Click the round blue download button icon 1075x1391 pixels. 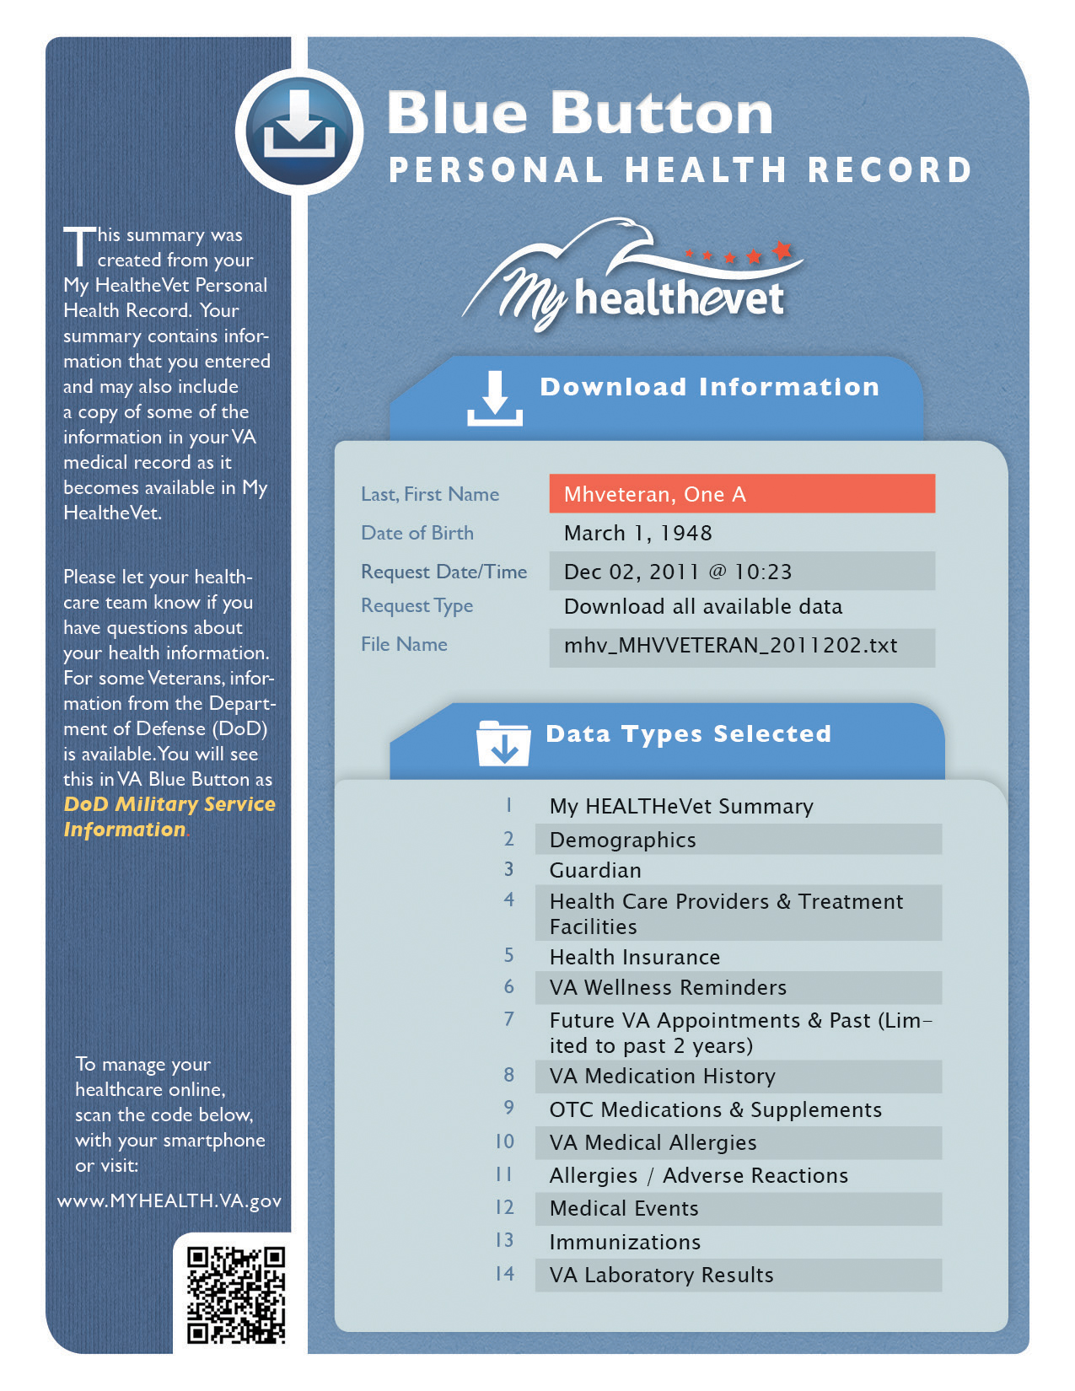[299, 132]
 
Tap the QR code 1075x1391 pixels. [236, 1294]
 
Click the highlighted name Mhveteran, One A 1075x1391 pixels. [655, 494]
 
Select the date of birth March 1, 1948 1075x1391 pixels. [637, 533]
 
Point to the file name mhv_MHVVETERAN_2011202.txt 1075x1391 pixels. [730, 646]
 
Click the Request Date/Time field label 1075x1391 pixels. [443, 572]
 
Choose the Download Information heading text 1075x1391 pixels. [709, 387]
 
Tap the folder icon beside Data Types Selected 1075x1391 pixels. [503, 743]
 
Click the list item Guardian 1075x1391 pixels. [595, 870]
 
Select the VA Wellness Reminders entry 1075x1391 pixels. [668, 987]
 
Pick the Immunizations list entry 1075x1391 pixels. [625, 1242]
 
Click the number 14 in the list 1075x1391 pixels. [504, 1274]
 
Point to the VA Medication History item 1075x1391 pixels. [662, 1077]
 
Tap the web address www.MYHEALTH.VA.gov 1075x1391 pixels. [169, 1200]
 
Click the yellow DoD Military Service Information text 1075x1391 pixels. [169, 816]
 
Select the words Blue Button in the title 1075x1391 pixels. [580, 113]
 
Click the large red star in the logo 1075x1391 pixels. [782, 250]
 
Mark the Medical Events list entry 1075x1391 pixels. [624, 1208]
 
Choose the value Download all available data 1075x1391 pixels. [702, 607]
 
